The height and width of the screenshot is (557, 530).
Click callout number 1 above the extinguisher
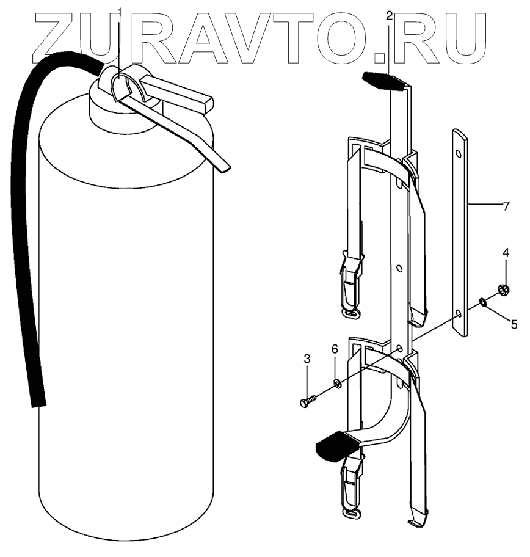coord(120,12)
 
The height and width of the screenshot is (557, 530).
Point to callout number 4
coord(506,252)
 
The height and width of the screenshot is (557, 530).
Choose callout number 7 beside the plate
coord(506,206)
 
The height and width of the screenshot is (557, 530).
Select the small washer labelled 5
coord(482,301)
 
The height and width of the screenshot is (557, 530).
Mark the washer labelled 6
coord(337,383)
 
